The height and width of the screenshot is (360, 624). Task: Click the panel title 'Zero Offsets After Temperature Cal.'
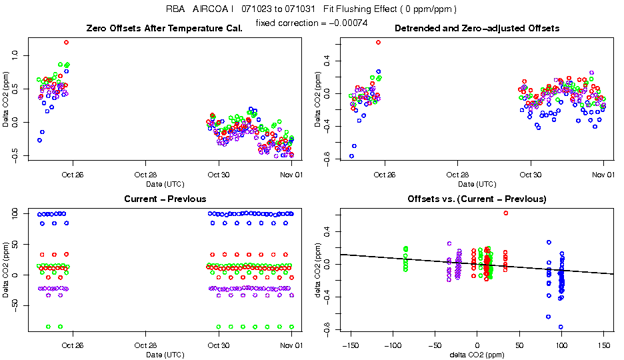165,29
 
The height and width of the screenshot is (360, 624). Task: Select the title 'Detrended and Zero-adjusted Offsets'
477,29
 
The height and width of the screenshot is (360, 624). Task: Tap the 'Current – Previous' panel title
165,199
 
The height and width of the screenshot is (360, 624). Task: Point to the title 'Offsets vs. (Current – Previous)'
477,199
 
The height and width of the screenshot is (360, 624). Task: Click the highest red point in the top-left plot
67,42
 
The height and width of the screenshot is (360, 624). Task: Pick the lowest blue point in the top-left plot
39,140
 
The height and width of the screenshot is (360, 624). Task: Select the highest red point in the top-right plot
378,42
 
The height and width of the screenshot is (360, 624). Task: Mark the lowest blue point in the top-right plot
351,156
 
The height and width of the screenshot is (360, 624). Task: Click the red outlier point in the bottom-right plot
505,213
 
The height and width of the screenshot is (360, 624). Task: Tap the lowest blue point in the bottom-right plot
561,327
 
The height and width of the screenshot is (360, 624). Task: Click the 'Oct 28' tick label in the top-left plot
145,175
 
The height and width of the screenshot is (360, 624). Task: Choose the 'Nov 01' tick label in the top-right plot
603,175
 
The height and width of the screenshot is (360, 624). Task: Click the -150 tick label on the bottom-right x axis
349,346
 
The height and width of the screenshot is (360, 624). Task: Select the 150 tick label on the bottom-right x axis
603,346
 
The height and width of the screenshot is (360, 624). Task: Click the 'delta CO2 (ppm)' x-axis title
477,354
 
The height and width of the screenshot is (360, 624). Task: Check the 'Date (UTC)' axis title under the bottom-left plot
165,354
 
